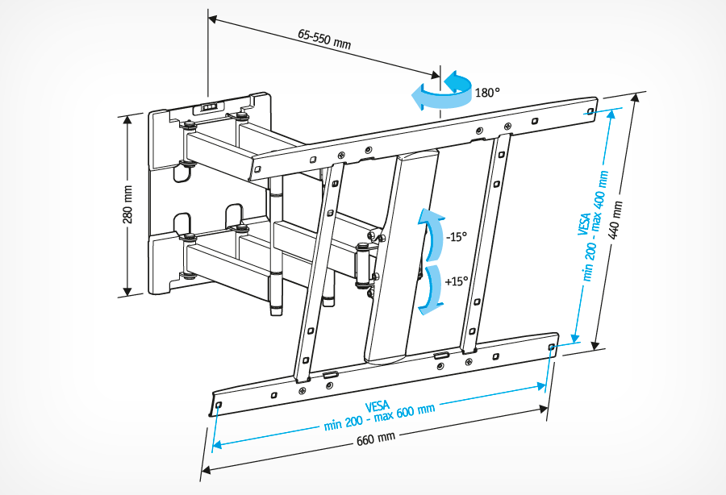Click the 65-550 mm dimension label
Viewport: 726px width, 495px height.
(324, 39)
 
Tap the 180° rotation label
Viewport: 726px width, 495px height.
(486, 93)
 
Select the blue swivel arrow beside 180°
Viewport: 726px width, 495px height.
(440, 90)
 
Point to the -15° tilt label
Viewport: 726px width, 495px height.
(457, 238)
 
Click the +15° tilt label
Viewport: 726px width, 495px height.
(457, 281)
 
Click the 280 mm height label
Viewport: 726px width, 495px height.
(127, 206)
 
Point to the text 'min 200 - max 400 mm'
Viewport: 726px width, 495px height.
(598, 227)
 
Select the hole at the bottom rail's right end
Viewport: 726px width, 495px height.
(551, 347)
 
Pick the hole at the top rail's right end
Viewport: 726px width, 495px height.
(591, 111)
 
